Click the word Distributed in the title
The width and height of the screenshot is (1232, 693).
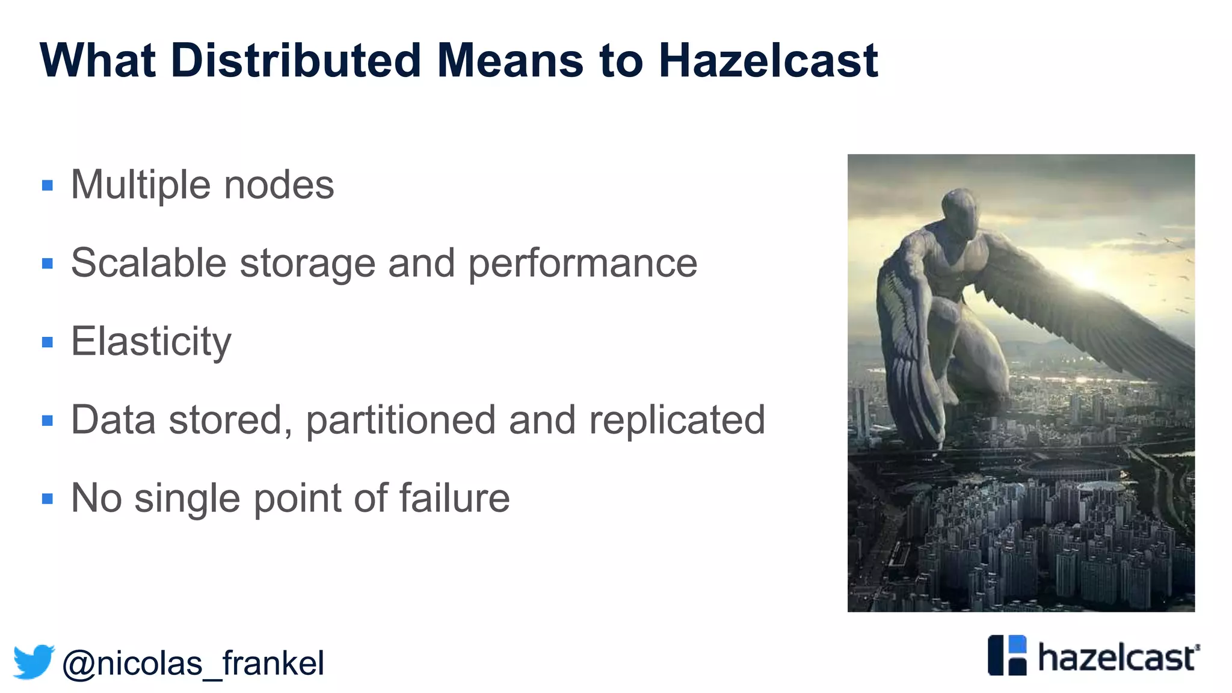click(295, 61)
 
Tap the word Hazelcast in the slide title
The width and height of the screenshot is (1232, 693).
click(768, 61)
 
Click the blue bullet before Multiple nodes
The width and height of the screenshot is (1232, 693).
click(48, 185)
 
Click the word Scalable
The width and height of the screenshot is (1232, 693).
click(149, 263)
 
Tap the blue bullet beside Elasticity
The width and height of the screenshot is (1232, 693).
click(48, 342)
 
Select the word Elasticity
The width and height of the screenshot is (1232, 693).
click(151, 342)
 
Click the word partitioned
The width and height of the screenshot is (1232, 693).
click(401, 420)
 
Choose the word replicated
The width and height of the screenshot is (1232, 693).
click(677, 420)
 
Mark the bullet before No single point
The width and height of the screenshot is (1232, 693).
click(48, 499)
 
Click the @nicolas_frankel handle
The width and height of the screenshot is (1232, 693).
click(193, 663)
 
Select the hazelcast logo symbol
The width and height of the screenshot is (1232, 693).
click(1007, 655)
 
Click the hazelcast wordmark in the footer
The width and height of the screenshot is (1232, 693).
click(1118, 657)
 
